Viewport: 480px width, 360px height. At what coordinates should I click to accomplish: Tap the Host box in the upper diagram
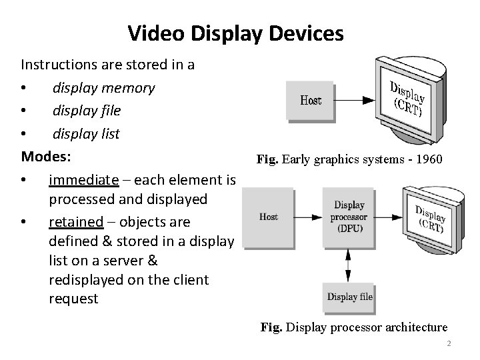tap(309, 101)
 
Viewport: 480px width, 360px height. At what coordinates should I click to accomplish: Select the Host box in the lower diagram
tap(268, 217)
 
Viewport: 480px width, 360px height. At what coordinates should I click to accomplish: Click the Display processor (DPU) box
tap(349, 217)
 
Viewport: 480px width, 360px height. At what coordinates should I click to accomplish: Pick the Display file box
tap(349, 297)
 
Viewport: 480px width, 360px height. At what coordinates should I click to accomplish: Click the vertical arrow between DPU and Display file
tap(349, 261)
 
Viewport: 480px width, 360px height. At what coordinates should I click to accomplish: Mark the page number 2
tap(449, 343)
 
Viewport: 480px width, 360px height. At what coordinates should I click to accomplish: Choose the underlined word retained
tap(75, 221)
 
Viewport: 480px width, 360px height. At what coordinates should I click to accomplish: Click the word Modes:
tap(46, 157)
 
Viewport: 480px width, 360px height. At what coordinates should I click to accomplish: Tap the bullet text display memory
tap(103, 88)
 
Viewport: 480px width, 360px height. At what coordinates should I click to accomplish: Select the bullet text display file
tap(87, 111)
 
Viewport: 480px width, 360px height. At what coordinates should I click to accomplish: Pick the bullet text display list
tap(86, 133)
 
